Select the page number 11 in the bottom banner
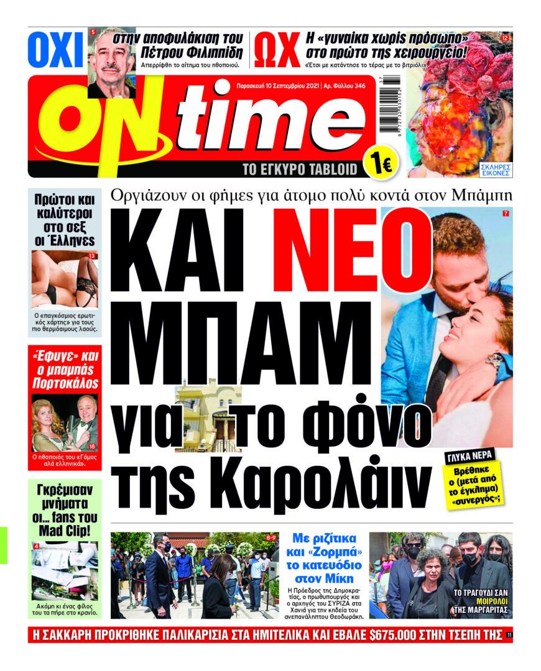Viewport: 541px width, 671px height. pyautogui.click(x=509, y=635)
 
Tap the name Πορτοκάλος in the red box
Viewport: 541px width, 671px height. pyautogui.click(x=65, y=383)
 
